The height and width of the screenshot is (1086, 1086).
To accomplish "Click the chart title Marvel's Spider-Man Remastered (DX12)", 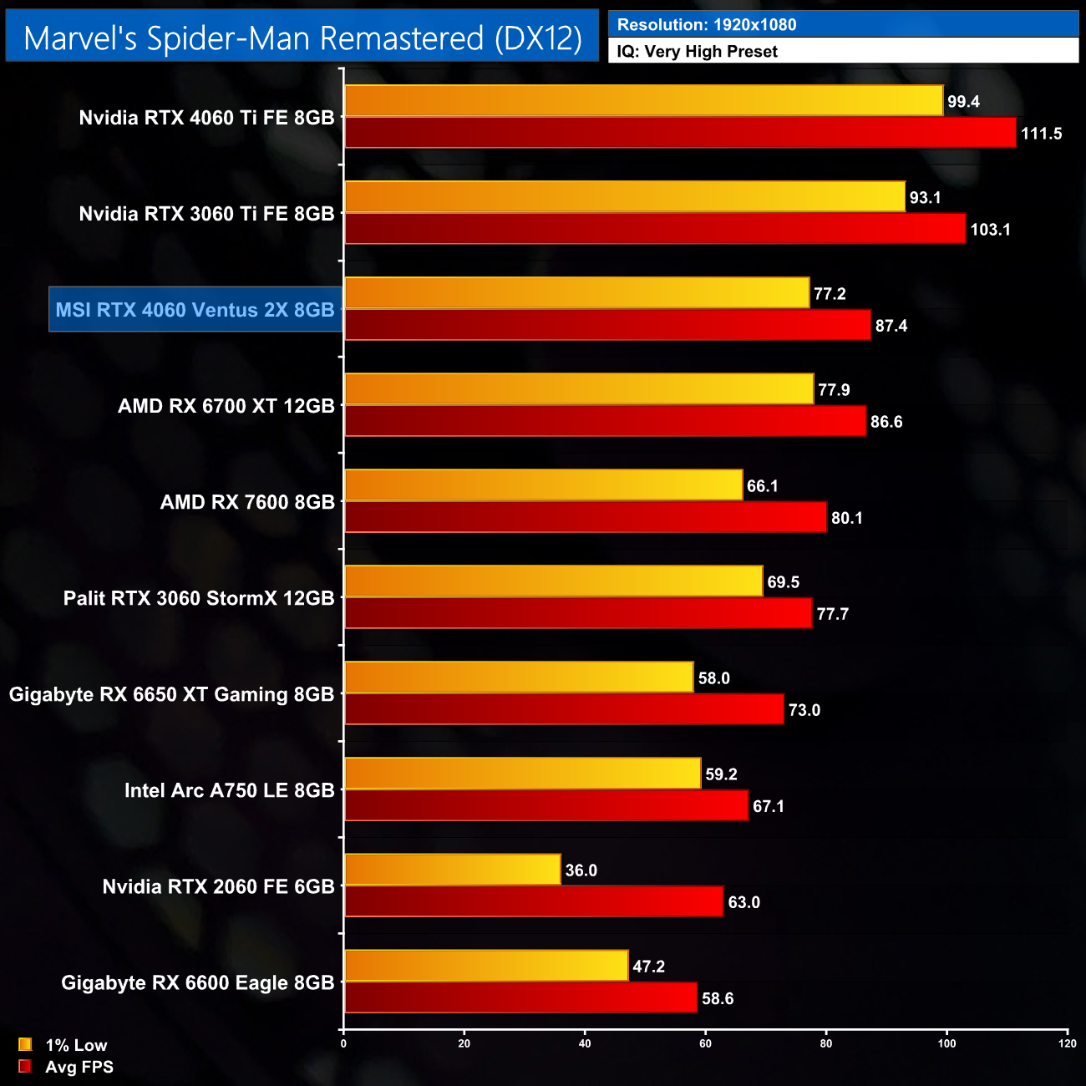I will [302, 38].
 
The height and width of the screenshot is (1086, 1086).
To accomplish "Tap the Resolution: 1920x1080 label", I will [706, 24].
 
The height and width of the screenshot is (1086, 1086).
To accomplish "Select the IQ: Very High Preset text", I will [697, 51].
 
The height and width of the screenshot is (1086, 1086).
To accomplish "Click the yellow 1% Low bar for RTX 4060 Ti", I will [643, 101].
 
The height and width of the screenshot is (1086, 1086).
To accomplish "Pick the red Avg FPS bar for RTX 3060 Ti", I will [655, 229].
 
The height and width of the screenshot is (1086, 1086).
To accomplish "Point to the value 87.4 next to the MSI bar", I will [891, 326].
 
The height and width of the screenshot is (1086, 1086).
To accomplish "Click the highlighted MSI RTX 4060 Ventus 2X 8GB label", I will [195, 310].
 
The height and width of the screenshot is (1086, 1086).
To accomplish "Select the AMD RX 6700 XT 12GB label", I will [226, 406].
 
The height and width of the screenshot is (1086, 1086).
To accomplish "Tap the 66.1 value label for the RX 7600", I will [762, 486].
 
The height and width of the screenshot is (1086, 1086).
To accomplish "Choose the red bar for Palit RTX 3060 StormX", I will [578, 613].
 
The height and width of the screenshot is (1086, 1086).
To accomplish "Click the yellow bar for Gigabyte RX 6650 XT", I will [519, 677].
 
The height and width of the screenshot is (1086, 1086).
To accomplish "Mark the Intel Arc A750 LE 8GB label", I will [229, 790].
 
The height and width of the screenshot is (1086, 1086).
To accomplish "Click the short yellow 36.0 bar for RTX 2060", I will [452, 870].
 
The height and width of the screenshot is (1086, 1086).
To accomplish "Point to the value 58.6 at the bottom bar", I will [717, 998].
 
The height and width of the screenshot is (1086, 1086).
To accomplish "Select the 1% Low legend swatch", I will [25, 1044].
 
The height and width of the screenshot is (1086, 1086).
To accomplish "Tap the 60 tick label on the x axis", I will [705, 1043].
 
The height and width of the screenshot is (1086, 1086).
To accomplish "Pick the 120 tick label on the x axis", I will [1067, 1043].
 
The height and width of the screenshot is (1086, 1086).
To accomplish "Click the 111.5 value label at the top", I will [1041, 134].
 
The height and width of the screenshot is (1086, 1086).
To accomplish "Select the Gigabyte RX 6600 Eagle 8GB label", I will [197, 982].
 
